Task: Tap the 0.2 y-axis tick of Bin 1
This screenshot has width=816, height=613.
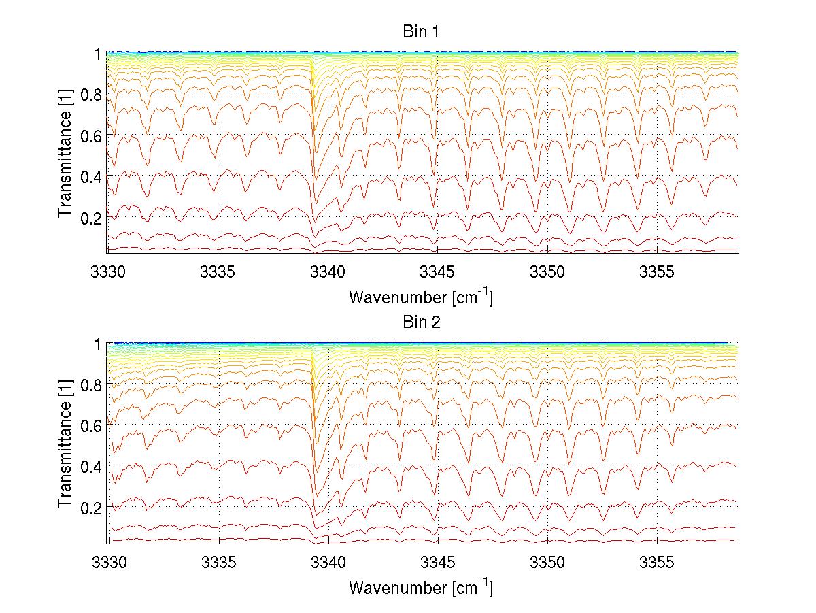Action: tap(90, 218)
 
